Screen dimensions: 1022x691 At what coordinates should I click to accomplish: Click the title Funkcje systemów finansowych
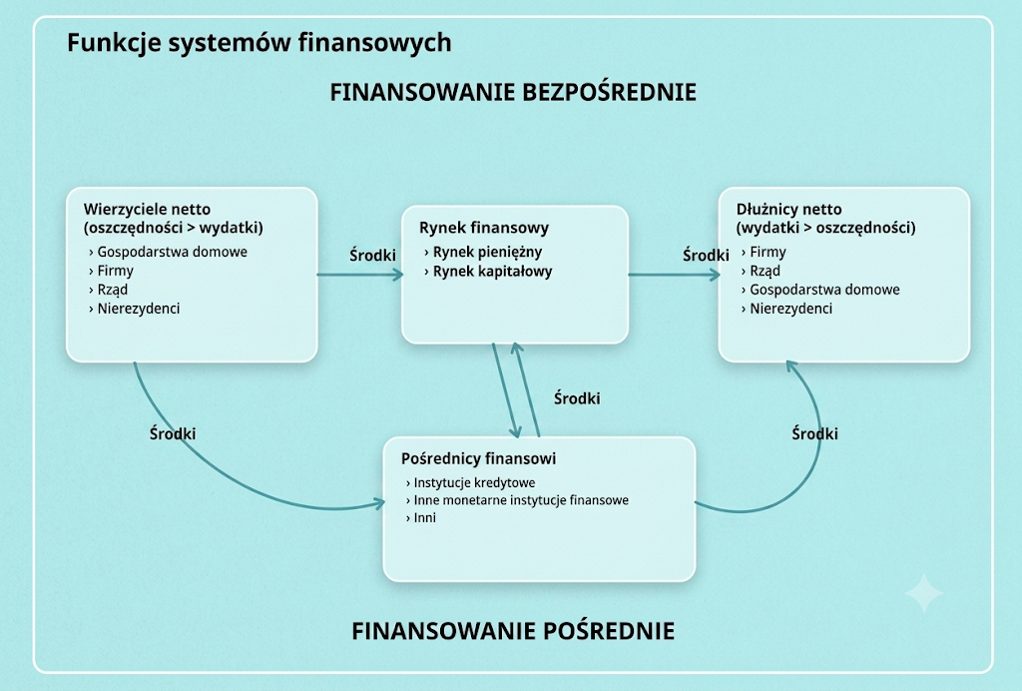(258, 43)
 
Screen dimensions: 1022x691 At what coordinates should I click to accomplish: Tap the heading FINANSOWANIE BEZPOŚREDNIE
(513, 92)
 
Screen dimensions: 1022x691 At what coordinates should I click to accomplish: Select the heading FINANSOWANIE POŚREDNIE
(513, 631)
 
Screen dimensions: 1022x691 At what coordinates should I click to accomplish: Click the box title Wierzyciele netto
(148, 210)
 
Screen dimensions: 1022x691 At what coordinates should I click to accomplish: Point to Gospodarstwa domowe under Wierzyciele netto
(172, 252)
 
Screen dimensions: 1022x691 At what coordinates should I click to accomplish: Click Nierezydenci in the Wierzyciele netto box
(138, 309)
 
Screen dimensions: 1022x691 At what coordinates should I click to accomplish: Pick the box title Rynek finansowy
(484, 228)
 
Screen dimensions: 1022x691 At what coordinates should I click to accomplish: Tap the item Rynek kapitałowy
(492, 272)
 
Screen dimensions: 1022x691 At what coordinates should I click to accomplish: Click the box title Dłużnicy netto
(788, 210)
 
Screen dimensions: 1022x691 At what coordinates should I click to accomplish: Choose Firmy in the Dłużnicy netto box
(767, 252)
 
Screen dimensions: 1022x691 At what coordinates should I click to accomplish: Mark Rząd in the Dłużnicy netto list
(765, 272)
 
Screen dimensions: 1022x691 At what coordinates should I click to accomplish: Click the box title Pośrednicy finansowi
(478, 459)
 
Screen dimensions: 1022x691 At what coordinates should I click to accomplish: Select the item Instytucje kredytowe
(474, 483)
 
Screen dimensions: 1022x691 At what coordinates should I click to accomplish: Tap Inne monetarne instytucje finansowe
(521, 500)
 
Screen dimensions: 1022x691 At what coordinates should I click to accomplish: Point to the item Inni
(425, 518)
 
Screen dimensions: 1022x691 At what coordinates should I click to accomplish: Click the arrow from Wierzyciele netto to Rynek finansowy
(359, 275)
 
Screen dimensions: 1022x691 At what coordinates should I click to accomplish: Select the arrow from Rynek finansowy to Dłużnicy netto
(674, 275)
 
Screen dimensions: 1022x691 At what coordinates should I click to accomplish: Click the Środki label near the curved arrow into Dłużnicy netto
(814, 433)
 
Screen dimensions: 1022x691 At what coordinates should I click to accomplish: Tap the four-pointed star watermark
(924, 593)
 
